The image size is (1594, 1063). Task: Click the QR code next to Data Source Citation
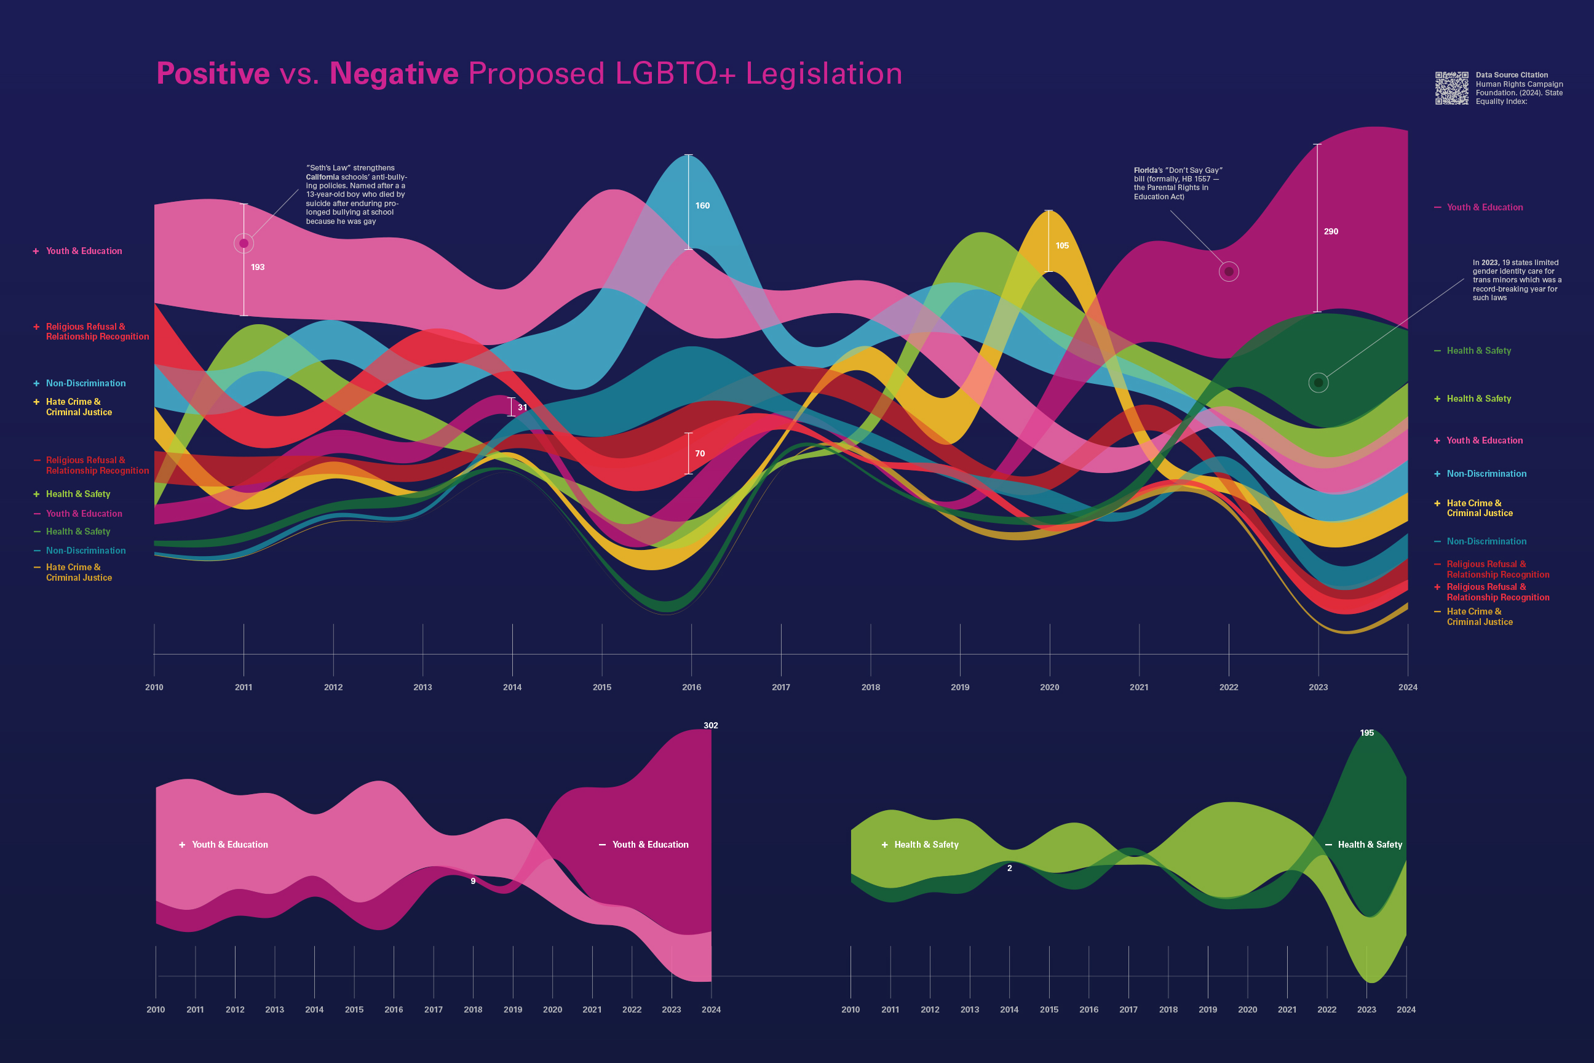pyautogui.click(x=1452, y=88)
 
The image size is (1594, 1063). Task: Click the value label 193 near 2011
pyautogui.click(x=258, y=267)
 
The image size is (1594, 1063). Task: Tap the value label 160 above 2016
pyautogui.click(x=702, y=205)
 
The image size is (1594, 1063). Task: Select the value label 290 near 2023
pyautogui.click(x=1330, y=232)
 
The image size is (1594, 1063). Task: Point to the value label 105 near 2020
pyautogui.click(x=1062, y=246)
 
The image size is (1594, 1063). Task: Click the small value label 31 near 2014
pyautogui.click(x=522, y=407)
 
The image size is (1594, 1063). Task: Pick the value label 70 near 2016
pyautogui.click(x=699, y=453)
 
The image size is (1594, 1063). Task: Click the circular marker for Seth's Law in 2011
pyautogui.click(x=244, y=244)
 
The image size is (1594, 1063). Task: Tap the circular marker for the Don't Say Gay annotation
pyautogui.click(x=1229, y=272)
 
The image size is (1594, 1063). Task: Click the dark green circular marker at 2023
pyautogui.click(x=1318, y=383)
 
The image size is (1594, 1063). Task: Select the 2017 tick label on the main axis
pyautogui.click(x=781, y=687)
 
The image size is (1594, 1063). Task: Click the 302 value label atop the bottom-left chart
pyautogui.click(x=710, y=725)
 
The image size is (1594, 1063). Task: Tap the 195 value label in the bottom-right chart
pyautogui.click(x=1367, y=733)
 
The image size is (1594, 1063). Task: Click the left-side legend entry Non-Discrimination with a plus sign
pyautogui.click(x=85, y=384)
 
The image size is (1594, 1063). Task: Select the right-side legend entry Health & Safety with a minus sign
pyautogui.click(x=1478, y=351)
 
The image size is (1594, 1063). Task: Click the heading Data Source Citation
pyautogui.click(x=1512, y=75)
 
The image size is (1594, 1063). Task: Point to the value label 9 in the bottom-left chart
pyautogui.click(x=473, y=882)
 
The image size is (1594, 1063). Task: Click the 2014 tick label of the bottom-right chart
pyautogui.click(x=1009, y=1009)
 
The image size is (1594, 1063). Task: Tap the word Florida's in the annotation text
pyautogui.click(x=1149, y=170)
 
